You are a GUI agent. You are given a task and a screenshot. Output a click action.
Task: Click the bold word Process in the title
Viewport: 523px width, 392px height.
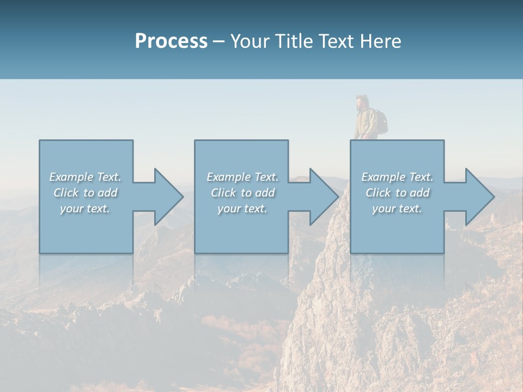(x=171, y=41)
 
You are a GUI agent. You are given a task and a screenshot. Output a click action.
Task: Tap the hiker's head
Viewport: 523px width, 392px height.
(x=361, y=102)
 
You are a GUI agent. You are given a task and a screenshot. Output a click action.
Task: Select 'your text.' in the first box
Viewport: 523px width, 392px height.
(x=85, y=209)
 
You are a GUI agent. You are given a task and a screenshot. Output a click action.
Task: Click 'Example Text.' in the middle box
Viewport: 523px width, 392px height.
(x=242, y=177)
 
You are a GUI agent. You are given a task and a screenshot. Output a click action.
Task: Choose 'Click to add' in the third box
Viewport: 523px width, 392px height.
(x=398, y=193)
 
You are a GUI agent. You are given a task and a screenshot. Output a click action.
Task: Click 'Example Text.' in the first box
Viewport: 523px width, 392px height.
(x=85, y=177)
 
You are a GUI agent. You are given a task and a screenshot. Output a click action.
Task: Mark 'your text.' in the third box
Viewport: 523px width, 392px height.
(x=397, y=209)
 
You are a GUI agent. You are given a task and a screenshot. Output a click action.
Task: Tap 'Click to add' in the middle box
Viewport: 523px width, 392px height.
(x=242, y=193)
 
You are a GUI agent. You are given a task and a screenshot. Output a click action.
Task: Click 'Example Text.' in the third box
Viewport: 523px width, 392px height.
(x=397, y=177)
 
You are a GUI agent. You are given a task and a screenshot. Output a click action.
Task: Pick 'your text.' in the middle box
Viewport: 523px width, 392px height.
(x=242, y=209)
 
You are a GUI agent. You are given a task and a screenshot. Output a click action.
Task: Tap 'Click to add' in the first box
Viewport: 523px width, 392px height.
(x=86, y=193)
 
